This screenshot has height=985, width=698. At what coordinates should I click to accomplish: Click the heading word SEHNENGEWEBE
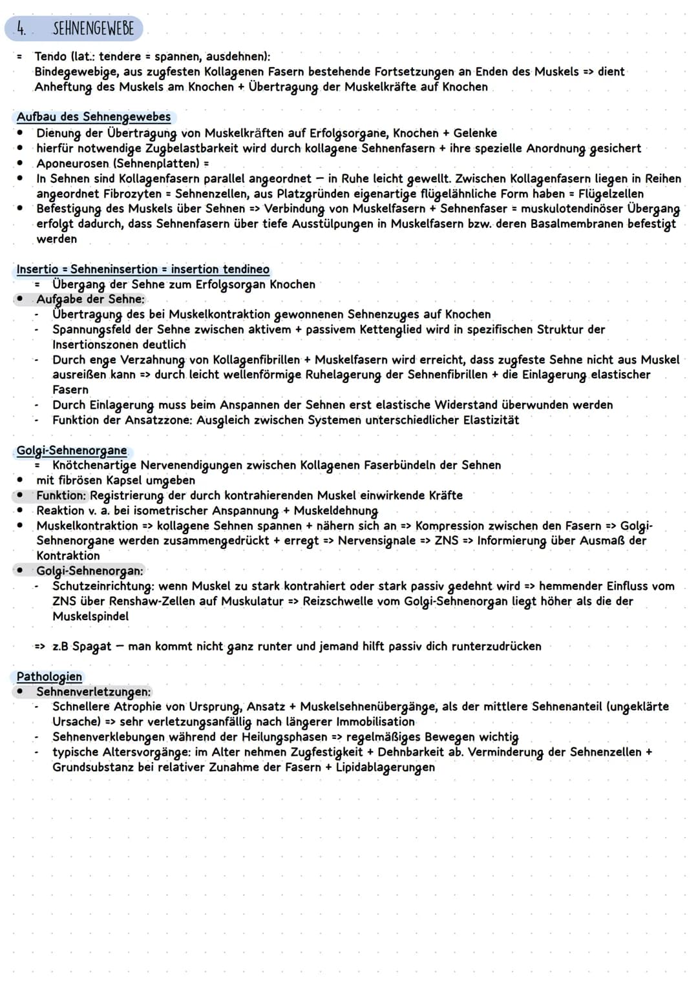point(93,28)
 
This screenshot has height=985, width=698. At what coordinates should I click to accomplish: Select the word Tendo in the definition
point(50,56)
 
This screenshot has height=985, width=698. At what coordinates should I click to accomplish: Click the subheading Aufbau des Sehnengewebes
point(94,117)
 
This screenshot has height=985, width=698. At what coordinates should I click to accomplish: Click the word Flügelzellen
point(611,194)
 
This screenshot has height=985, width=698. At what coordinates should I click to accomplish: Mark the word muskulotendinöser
point(571,209)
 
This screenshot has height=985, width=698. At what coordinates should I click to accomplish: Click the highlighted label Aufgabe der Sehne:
point(90,299)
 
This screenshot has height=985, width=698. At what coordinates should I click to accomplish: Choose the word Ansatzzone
point(157,420)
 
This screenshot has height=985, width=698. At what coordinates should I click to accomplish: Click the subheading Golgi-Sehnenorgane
point(71,450)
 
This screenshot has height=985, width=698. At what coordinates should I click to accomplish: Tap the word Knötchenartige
point(94,465)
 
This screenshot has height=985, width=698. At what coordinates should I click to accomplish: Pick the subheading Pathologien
point(49,677)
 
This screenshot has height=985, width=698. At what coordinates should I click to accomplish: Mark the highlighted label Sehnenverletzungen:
point(93,692)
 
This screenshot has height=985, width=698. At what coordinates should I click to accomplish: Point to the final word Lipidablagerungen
point(385,767)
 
